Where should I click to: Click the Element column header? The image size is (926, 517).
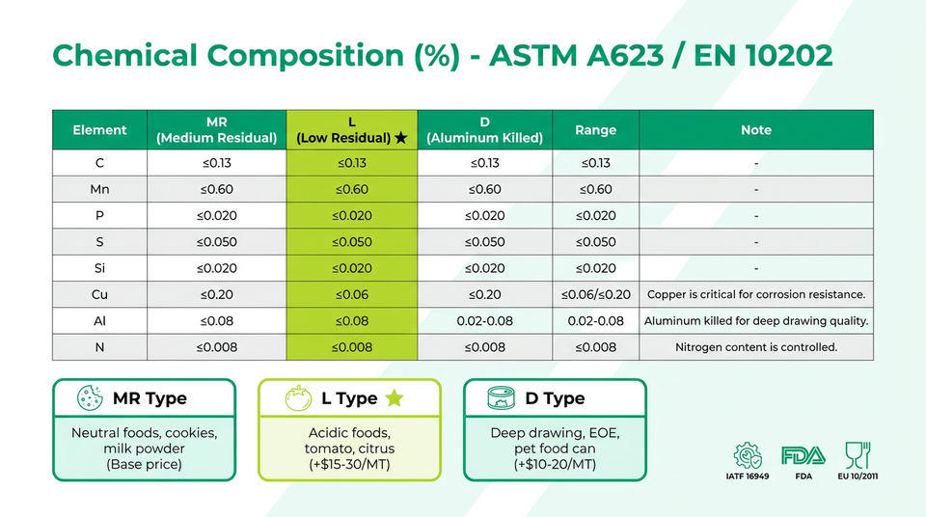pos(99,130)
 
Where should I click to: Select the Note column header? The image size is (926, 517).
pos(756,130)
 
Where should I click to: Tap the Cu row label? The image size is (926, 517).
pos(99,294)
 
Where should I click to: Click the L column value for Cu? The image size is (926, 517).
pos(352,294)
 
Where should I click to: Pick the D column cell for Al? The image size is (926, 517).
pos(485,321)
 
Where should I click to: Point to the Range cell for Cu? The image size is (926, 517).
pos(595,294)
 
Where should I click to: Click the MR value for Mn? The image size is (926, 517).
pos(217,189)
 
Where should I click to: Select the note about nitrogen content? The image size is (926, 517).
pos(756,347)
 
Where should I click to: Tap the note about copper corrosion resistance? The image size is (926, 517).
pos(756,294)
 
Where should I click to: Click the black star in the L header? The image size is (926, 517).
pos(401,138)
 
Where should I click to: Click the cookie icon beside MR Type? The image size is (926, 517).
pos(90,397)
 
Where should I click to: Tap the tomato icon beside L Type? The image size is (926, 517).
pos(298,397)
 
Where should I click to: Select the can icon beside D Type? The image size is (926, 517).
pos(501,397)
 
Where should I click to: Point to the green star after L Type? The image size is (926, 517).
pos(395,398)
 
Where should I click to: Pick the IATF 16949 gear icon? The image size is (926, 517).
pos(747,455)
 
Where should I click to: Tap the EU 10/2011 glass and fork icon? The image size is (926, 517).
pos(858,455)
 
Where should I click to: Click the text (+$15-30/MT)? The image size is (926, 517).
pos(349,464)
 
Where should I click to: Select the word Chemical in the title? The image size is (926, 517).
pos(124,55)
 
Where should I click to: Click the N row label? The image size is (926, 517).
pos(99,347)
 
